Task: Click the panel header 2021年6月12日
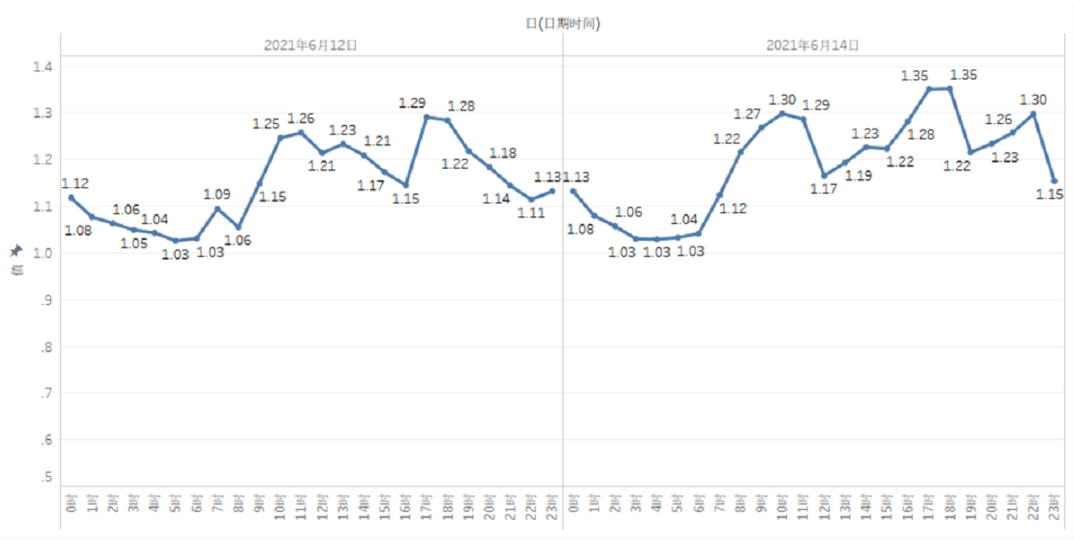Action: [310, 45]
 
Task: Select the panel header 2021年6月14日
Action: [812, 45]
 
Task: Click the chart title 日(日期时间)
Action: [563, 24]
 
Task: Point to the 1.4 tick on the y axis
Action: [43, 66]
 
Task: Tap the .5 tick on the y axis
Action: [46, 476]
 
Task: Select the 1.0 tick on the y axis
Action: [43, 253]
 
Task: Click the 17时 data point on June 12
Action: [426, 117]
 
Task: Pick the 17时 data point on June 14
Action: [929, 89]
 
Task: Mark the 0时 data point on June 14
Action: [573, 191]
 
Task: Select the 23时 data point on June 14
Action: [1054, 181]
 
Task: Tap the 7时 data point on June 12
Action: [217, 208]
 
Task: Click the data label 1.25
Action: [266, 124]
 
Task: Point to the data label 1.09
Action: [216, 195]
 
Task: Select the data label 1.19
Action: [858, 175]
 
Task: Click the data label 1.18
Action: [503, 153]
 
